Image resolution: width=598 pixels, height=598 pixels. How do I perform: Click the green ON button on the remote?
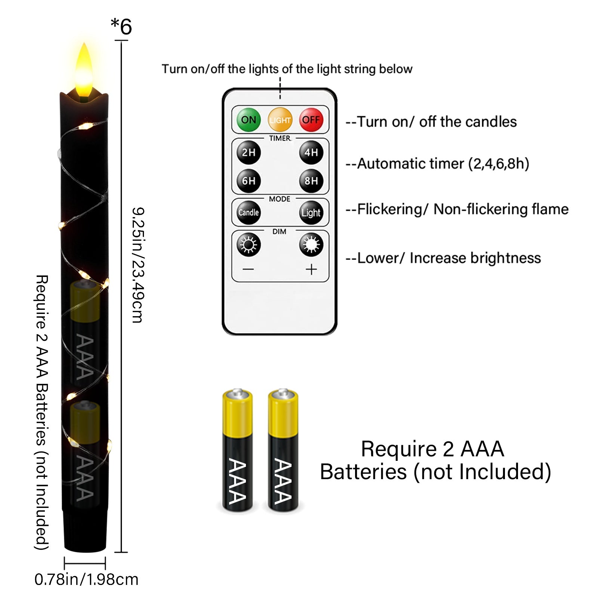click(x=249, y=120)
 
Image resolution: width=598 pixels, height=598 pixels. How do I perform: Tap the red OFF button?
click(x=311, y=120)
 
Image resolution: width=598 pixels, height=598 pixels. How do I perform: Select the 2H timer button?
click(x=249, y=152)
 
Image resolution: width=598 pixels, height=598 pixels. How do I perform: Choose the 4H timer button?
click(x=311, y=152)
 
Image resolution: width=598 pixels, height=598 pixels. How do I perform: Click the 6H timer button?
click(x=249, y=181)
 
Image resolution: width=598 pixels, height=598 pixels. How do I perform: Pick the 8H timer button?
click(x=311, y=181)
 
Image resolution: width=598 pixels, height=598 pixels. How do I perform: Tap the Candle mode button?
click(x=249, y=213)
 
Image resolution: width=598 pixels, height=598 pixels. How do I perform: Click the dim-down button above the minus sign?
click(x=249, y=245)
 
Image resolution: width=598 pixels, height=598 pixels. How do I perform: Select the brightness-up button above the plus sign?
click(x=311, y=245)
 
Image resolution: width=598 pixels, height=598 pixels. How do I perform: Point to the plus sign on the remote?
click(x=311, y=269)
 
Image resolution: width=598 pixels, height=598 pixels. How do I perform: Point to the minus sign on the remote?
click(x=248, y=269)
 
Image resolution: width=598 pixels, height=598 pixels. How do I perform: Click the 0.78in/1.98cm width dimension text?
click(x=86, y=580)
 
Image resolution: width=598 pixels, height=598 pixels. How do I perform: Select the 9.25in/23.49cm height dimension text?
click(x=138, y=265)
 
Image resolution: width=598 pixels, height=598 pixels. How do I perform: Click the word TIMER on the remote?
click(x=280, y=138)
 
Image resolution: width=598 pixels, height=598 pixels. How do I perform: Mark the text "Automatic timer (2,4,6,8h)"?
click(x=443, y=164)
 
